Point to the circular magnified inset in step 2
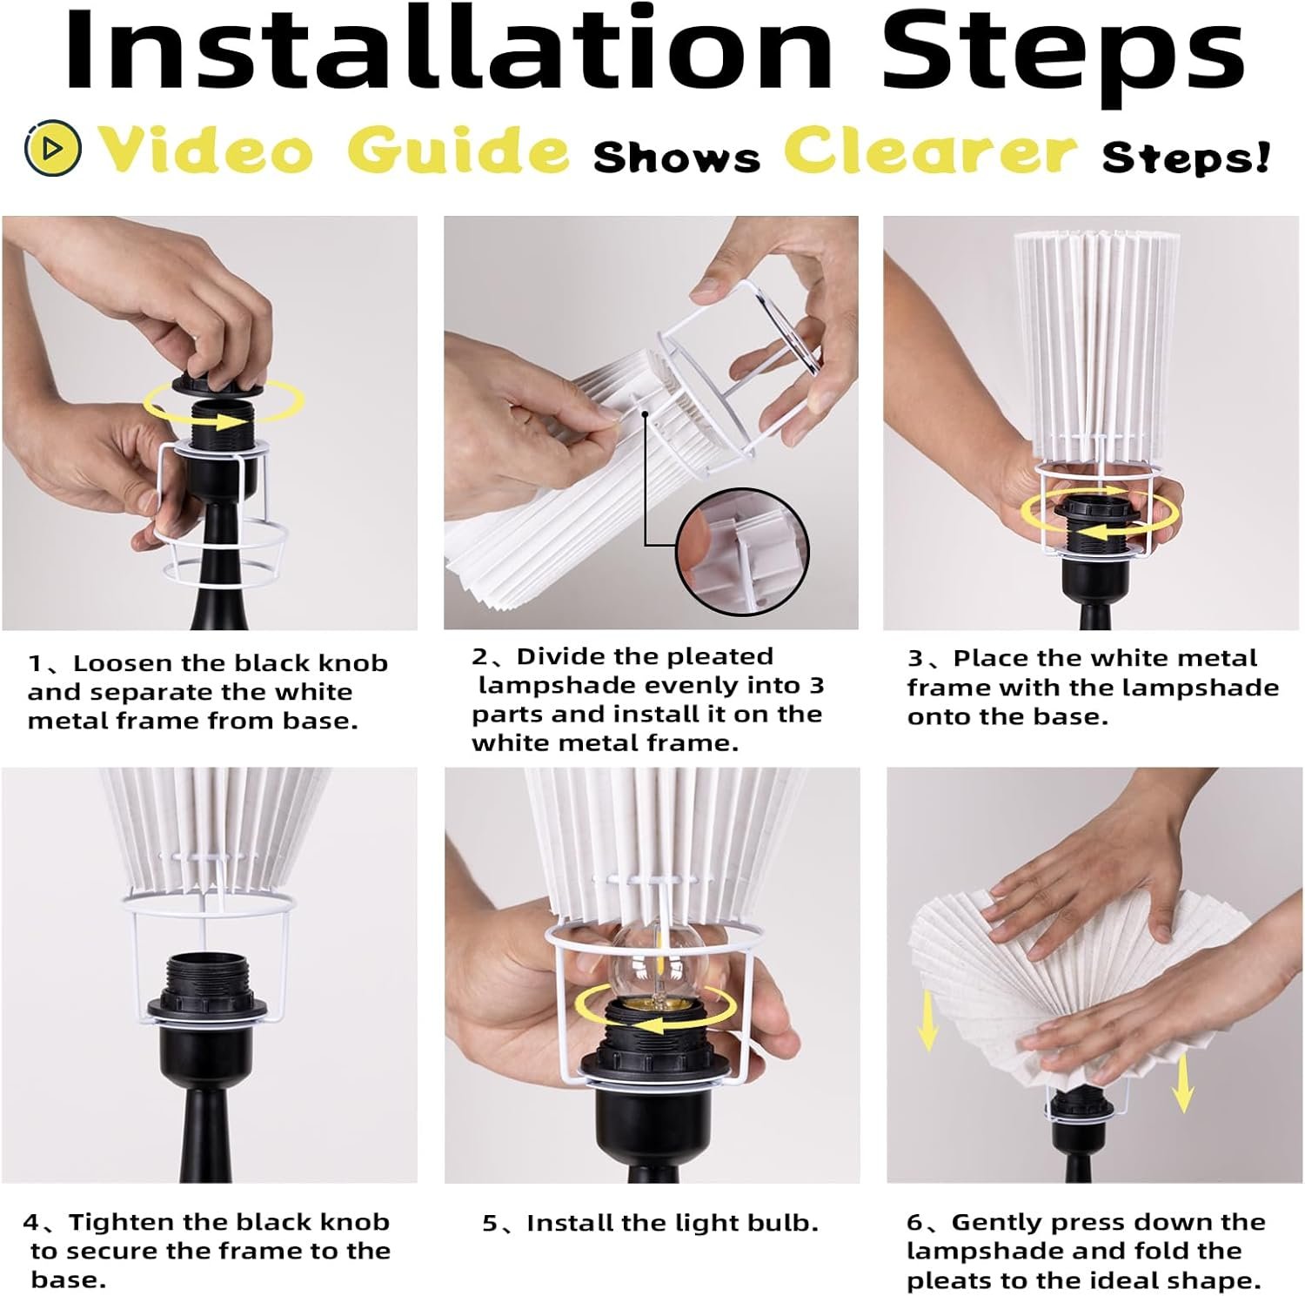click(743, 552)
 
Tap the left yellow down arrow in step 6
click(928, 1019)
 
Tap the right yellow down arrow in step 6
click(1182, 1082)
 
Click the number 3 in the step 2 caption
click(815, 686)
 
